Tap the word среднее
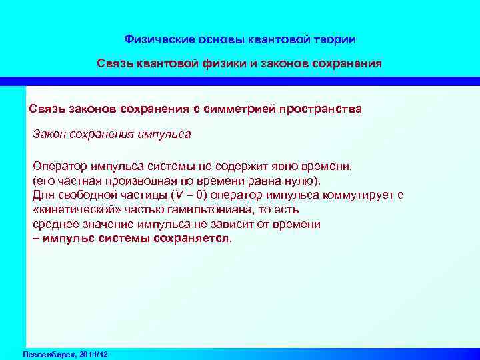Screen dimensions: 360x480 [x=55, y=224]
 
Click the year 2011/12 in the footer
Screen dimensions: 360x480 [x=93, y=353]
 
